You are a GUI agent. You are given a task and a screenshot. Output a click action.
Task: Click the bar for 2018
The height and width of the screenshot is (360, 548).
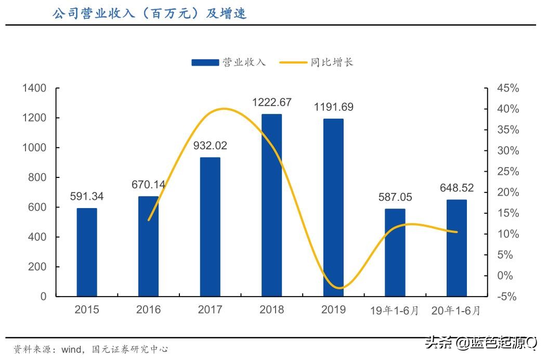coord(271,205)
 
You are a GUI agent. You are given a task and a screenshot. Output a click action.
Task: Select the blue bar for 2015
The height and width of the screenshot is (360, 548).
coord(87,252)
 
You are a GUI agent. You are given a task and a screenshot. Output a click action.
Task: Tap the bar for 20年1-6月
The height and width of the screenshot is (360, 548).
coord(456,248)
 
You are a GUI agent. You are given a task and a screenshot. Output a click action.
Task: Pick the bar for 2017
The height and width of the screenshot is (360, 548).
coord(210,227)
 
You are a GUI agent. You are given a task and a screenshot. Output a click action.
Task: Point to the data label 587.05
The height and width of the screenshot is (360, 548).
coord(395,197)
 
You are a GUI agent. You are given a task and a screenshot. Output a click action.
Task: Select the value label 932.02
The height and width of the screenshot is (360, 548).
coord(210,146)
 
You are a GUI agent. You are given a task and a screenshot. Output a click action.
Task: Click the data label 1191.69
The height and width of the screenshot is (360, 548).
coord(333,107)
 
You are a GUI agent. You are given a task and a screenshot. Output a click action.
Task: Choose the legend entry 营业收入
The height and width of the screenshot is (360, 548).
coord(228,62)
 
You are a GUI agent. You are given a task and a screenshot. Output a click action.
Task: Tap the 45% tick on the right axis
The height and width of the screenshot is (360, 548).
coord(508,88)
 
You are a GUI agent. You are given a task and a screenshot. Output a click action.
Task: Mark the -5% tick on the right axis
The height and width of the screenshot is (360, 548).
coord(508,297)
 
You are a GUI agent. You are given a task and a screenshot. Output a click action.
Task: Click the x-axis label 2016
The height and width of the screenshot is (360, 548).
coord(148,310)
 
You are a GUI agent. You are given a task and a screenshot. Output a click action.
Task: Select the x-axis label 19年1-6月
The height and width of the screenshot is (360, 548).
coord(395,311)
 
